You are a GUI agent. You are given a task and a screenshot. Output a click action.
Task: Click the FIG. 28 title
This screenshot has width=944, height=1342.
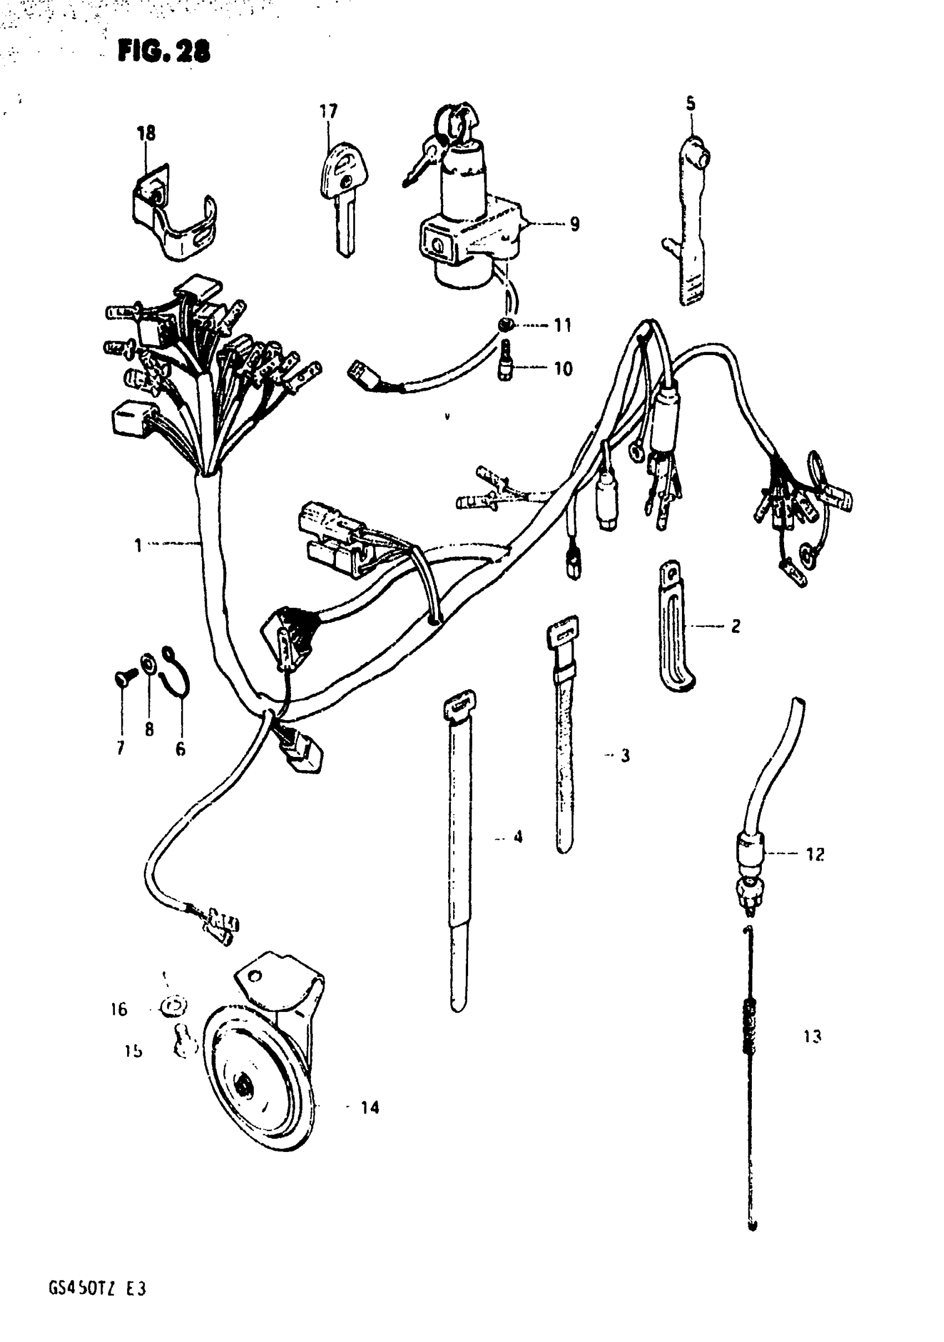tap(163, 52)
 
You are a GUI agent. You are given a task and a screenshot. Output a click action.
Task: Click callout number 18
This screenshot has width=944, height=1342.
tap(146, 134)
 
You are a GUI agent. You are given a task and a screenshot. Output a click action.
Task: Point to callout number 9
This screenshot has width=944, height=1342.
tap(574, 224)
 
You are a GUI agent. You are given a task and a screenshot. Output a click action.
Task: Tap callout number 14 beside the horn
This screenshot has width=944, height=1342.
tap(370, 1107)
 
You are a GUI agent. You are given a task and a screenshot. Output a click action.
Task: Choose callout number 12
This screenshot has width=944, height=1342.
tap(815, 855)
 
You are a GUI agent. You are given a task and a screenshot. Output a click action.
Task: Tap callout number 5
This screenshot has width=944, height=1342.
tap(690, 104)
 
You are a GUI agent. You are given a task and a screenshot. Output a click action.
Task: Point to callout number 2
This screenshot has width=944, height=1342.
tap(735, 626)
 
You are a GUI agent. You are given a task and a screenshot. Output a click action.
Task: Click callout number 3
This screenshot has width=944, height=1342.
tap(625, 756)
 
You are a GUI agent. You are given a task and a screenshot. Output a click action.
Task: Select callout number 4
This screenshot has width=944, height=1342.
tap(518, 837)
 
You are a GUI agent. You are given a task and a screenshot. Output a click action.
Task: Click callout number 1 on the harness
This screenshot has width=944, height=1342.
tap(138, 545)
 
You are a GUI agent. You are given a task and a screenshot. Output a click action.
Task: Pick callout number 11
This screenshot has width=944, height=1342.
tap(562, 325)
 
